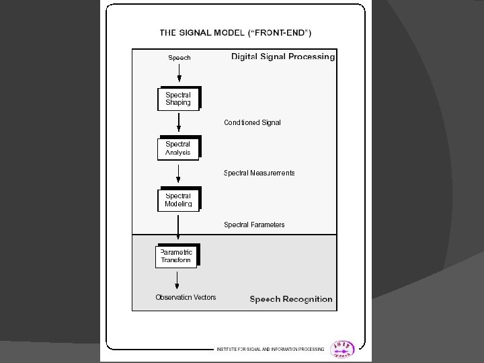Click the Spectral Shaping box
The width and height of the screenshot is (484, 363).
[x=178, y=99]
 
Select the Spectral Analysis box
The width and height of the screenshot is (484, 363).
[x=178, y=148]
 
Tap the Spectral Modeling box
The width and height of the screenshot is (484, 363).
[x=178, y=199]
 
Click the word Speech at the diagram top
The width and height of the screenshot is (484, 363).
[x=179, y=58]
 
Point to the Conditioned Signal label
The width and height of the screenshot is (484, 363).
[x=252, y=122]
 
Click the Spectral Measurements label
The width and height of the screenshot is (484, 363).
[x=259, y=173]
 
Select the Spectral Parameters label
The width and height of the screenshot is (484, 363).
[x=254, y=225]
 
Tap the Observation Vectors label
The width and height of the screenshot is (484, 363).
[x=186, y=297]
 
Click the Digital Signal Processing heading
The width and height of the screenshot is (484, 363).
[x=283, y=57]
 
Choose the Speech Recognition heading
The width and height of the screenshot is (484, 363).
[x=291, y=299]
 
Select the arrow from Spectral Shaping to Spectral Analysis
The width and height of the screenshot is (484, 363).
[x=179, y=123]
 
